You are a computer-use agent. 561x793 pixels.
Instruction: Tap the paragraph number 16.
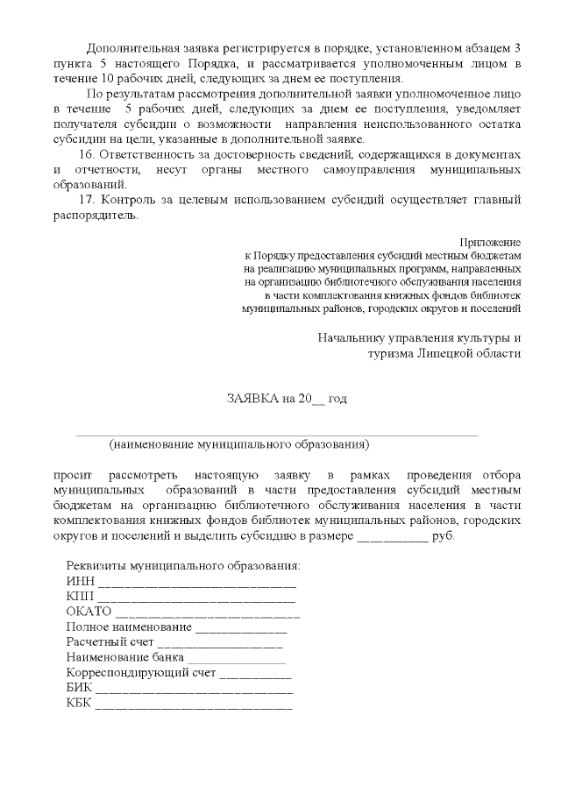(86, 153)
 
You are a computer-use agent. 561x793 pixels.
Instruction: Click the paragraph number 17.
(86, 199)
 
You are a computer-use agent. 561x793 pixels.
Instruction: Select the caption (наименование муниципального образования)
(239, 444)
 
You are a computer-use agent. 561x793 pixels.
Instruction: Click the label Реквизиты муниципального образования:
(183, 565)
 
